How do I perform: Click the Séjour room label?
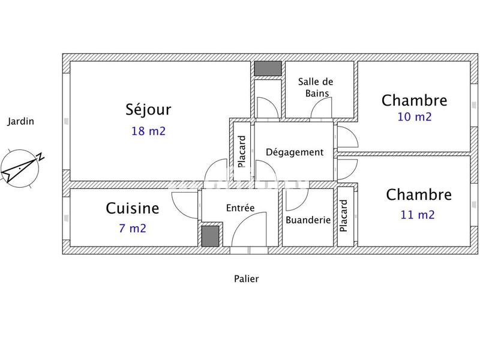click(148, 110)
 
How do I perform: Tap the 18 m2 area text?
click(148, 131)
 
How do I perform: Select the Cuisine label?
click(133, 208)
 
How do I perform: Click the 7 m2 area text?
click(132, 228)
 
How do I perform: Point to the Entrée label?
click(240, 208)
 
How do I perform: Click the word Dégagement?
click(294, 152)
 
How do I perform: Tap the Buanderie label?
click(308, 220)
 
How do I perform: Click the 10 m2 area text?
click(414, 117)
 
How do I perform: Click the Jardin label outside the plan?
click(20, 121)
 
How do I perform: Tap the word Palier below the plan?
click(246, 278)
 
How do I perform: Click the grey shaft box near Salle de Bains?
click(267, 68)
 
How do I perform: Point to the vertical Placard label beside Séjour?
click(242, 151)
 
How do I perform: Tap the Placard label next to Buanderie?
click(344, 216)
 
